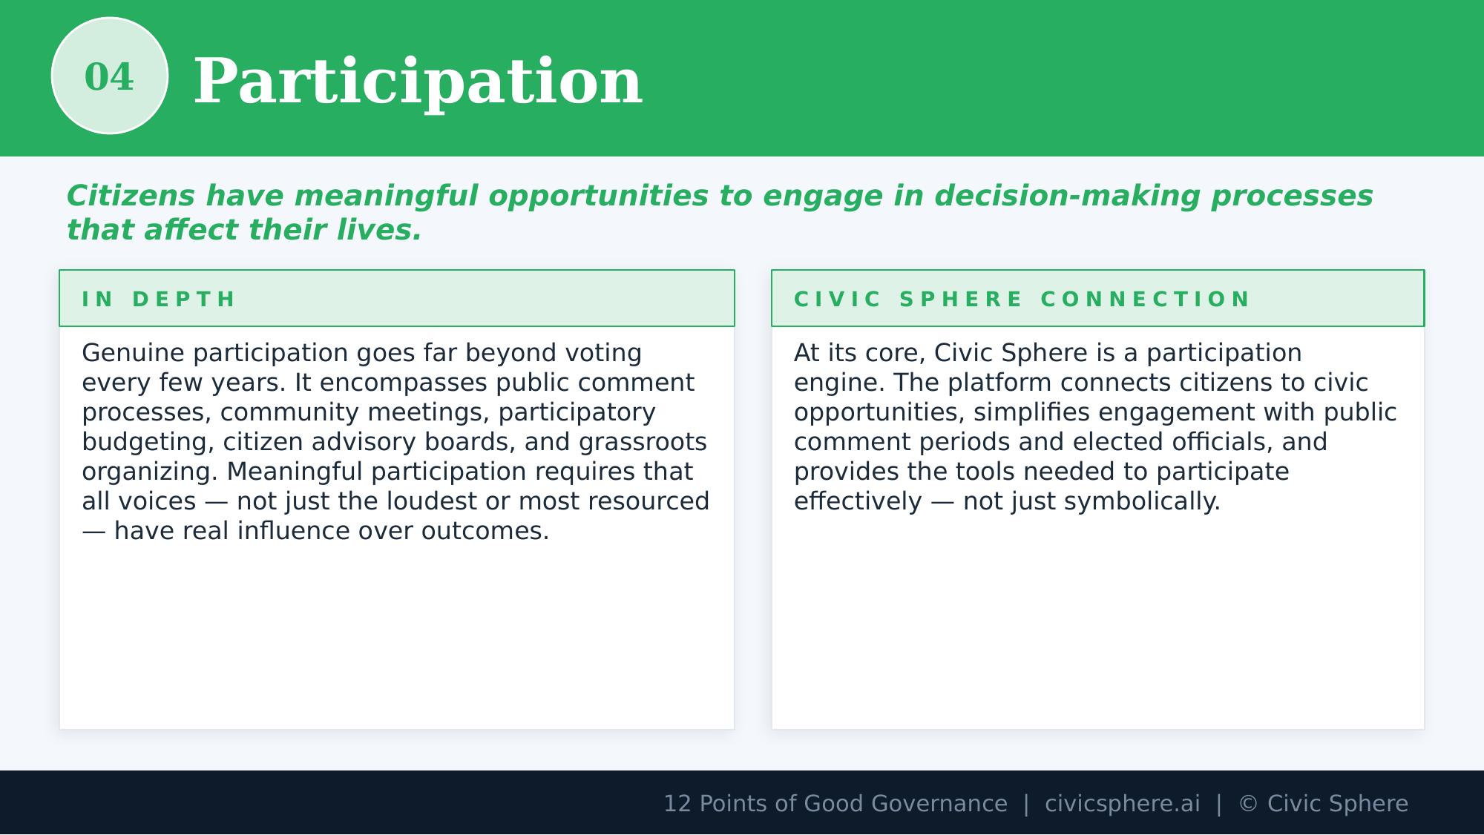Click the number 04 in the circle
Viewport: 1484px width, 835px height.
tap(109, 77)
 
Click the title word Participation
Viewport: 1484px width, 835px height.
tap(417, 82)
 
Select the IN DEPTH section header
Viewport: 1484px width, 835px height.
tap(159, 299)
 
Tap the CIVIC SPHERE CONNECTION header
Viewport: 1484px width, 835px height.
tap(1022, 299)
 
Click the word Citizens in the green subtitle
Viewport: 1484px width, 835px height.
tap(131, 196)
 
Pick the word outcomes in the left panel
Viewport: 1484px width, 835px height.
tap(485, 531)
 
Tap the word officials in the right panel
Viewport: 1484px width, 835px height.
tap(1221, 442)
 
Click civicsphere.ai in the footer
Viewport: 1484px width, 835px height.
tap(1122, 804)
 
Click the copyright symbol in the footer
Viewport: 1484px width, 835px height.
tap(1248, 804)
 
